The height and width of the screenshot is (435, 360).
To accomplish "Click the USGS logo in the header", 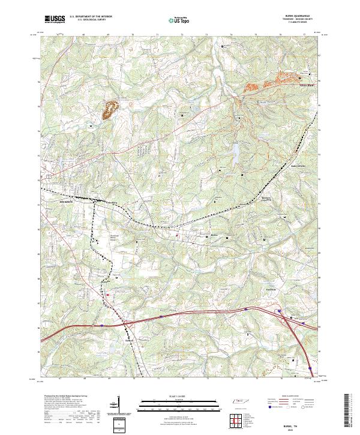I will (55, 20).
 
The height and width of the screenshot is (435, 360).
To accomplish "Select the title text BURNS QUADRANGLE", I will (304, 16).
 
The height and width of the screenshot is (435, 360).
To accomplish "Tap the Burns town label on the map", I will (212, 235).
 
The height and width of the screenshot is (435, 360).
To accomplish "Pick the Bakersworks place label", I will (298, 166).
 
